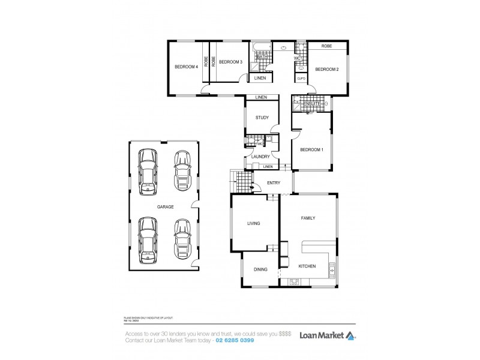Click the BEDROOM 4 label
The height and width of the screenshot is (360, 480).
pyautogui.click(x=186, y=67)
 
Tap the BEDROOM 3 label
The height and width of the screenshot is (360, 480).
pyautogui.click(x=230, y=62)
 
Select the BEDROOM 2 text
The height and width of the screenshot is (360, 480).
pyautogui.click(x=327, y=69)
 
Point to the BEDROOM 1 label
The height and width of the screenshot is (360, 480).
pyautogui.click(x=311, y=149)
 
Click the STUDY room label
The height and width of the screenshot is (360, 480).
pyautogui.click(x=261, y=118)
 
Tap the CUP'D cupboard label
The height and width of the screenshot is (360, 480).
pyautogui.click(x=301, y=79)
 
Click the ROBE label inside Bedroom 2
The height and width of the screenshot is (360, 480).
pyautogui.click(x=327, y=46)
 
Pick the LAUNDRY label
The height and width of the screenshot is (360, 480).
pyautogui.click(x=260, y=157)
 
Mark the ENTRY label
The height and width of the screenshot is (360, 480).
pyautogui.click(x=274, y=183)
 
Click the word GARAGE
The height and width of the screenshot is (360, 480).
pyautogui.click(x=165, y=206)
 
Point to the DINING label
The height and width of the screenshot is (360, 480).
pyautogui.click(x=260, y=269)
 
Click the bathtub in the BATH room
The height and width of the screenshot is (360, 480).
pyautogui.click(x=262, y=46)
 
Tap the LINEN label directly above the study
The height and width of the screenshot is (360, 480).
pyautogui.click(x=260, y=97)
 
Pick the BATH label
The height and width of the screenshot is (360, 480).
pyautogui.click(x=262, y=57)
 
